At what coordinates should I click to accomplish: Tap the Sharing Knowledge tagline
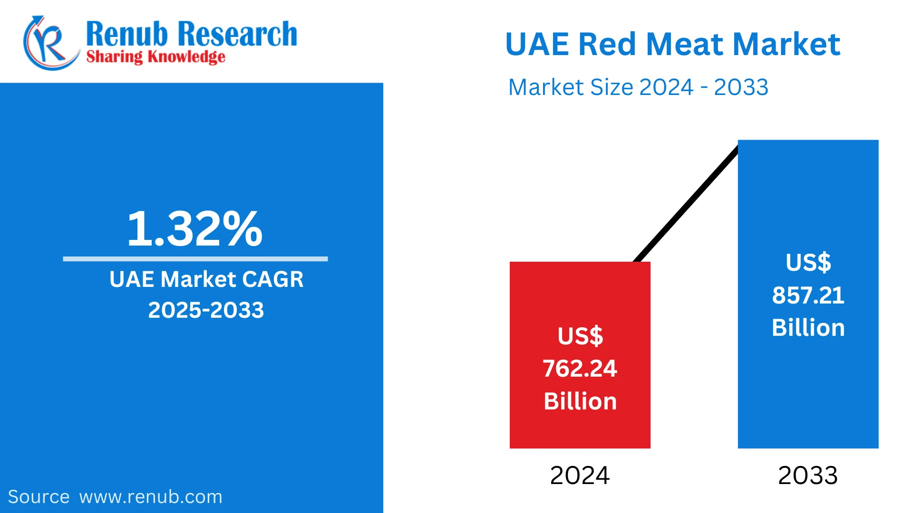click(155, 57)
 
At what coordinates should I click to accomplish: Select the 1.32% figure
click(194, 229)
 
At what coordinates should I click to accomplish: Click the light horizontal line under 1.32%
click(195, 259)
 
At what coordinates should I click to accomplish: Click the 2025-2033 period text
click(206, 310)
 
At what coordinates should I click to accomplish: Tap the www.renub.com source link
click(151, 497)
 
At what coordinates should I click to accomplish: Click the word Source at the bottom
click(39, 497)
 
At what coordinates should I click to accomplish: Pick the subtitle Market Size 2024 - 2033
click(638, 87)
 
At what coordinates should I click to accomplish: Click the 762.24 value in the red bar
click(580, 369)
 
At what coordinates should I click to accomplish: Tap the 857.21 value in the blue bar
click(808, 295)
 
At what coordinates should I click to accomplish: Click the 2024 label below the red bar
click(580, 475)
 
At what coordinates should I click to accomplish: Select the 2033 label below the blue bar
click(808, 475)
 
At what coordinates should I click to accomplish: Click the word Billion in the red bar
click(580, 401)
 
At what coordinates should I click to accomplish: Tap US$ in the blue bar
click(808, 263)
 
